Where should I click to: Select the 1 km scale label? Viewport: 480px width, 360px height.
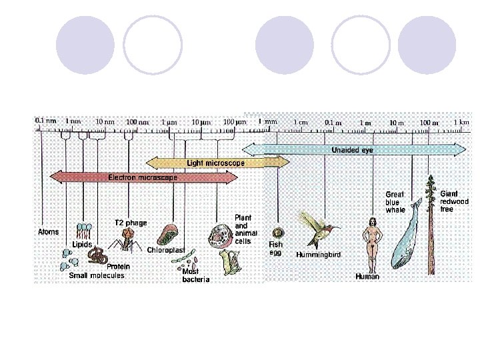point(461,122)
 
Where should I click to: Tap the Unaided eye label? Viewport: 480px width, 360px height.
point(352,151)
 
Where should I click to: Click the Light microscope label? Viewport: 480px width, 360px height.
point(215,163)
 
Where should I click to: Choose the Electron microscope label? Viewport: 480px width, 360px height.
point(143,178)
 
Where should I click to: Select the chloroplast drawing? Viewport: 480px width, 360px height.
point(168,234)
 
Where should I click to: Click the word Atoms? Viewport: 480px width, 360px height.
point(47,233)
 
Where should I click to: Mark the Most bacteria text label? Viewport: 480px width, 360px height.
point(196,275)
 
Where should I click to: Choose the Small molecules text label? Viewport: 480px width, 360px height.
point(97,275)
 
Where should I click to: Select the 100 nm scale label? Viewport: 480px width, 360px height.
point(137,122)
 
